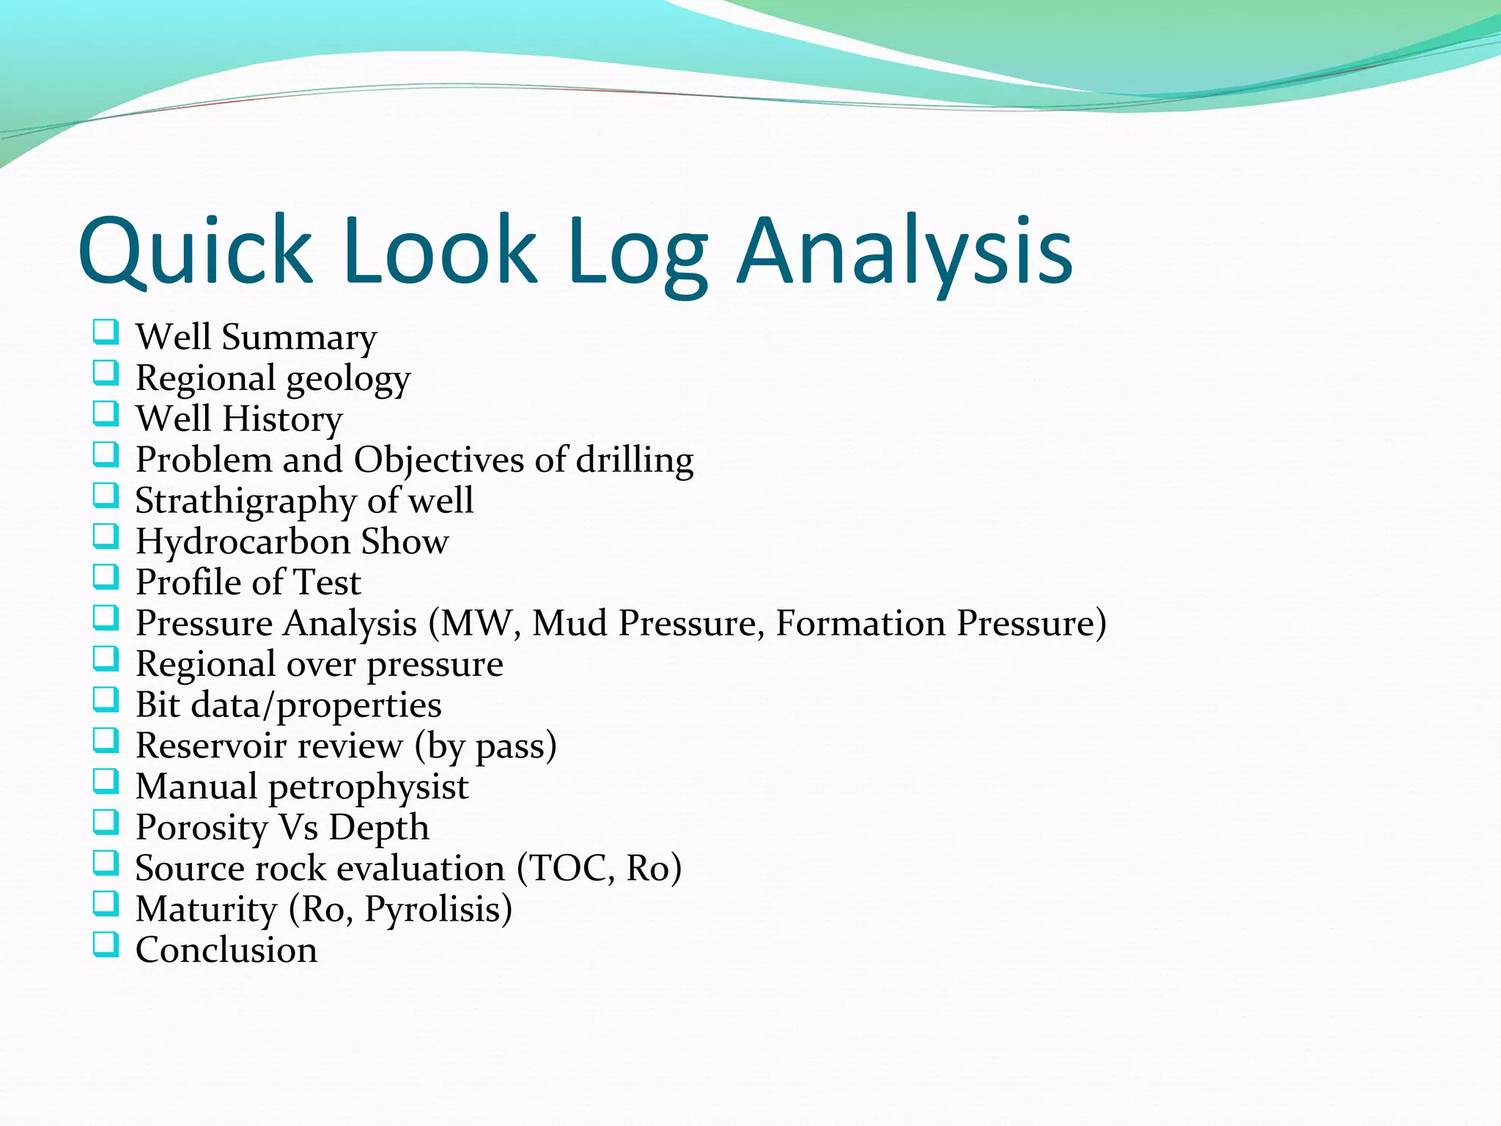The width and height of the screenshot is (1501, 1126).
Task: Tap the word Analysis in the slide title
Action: pyautogui.click(x=906, y=251)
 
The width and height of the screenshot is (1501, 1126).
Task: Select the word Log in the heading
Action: pyautogui.click(x=638, y=251)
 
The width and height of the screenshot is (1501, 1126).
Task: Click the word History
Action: pyautogui.click(x=282, y=419)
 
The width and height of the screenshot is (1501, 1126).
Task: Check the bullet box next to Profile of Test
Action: pyautogui.click(x=106, y=578)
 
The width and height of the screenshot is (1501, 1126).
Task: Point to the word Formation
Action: pyautogui.click(x=861, y=624)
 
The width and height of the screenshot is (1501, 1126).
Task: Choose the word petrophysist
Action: pyautogui.click(x=368, y=787)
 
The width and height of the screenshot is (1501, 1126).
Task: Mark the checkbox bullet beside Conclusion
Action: pyautogui.click(x=106, y=945)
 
